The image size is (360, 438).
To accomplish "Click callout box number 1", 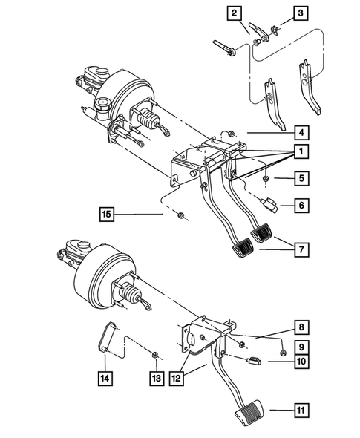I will coord(300,151).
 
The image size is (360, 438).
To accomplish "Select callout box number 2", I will coord(235,13).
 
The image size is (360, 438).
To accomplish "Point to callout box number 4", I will coord(300,134).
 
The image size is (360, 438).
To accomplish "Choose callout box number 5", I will coord(300,179).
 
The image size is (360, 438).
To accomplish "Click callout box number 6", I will coord(300,206).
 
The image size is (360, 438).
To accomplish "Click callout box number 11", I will coord(300,409).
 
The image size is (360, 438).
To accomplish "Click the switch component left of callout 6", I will coord(267,200).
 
